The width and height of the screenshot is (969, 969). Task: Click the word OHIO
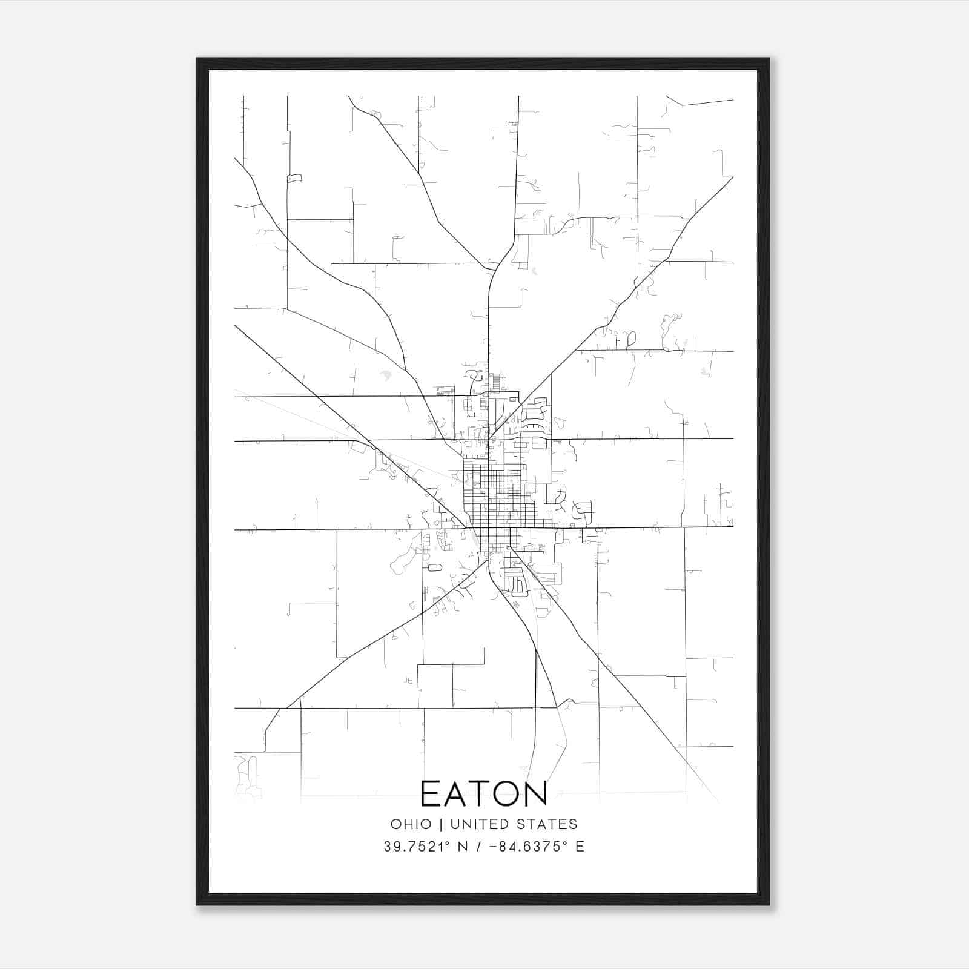pos(411,824)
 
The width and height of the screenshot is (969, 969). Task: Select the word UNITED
pos(480,824)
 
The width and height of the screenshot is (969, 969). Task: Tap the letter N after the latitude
pos(463,847)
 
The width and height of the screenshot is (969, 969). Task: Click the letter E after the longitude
pos(580,847)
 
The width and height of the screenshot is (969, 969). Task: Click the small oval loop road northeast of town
pos(631,339)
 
